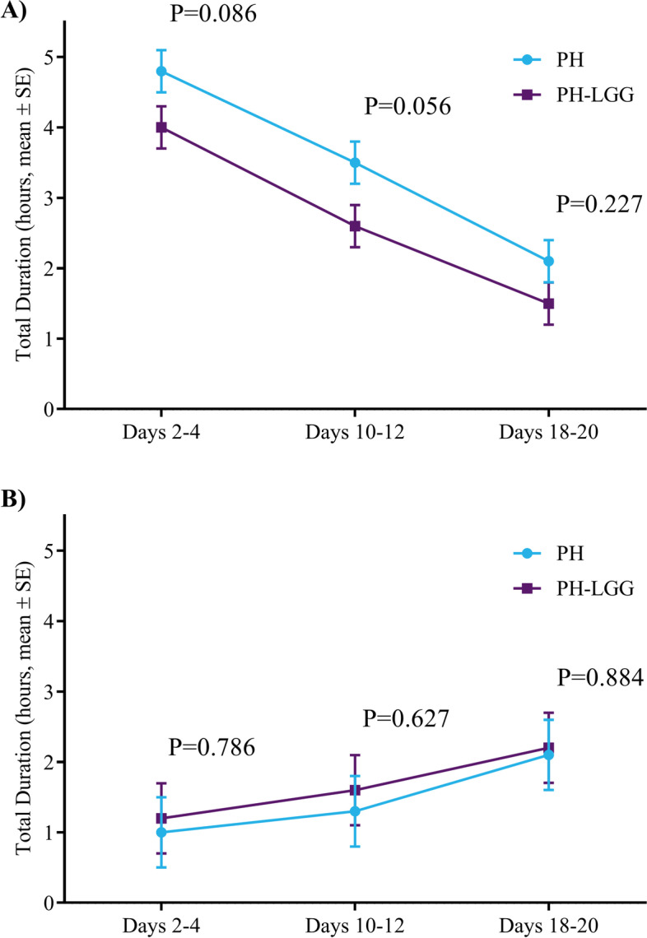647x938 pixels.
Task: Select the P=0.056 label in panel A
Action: click(407, 107)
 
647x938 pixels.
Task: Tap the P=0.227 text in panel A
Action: click(598, 204)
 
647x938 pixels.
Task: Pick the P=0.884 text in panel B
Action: click(599, 677)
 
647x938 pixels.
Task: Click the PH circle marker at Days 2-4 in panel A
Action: click(161, 72)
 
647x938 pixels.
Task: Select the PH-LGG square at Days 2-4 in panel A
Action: click(161, 128)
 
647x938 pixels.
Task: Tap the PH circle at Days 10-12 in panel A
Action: click(355, 163)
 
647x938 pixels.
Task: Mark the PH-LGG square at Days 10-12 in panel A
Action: click(355, 226)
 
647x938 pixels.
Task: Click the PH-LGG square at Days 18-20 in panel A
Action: click(549, 304)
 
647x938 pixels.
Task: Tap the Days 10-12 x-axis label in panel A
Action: click(355, 432)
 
